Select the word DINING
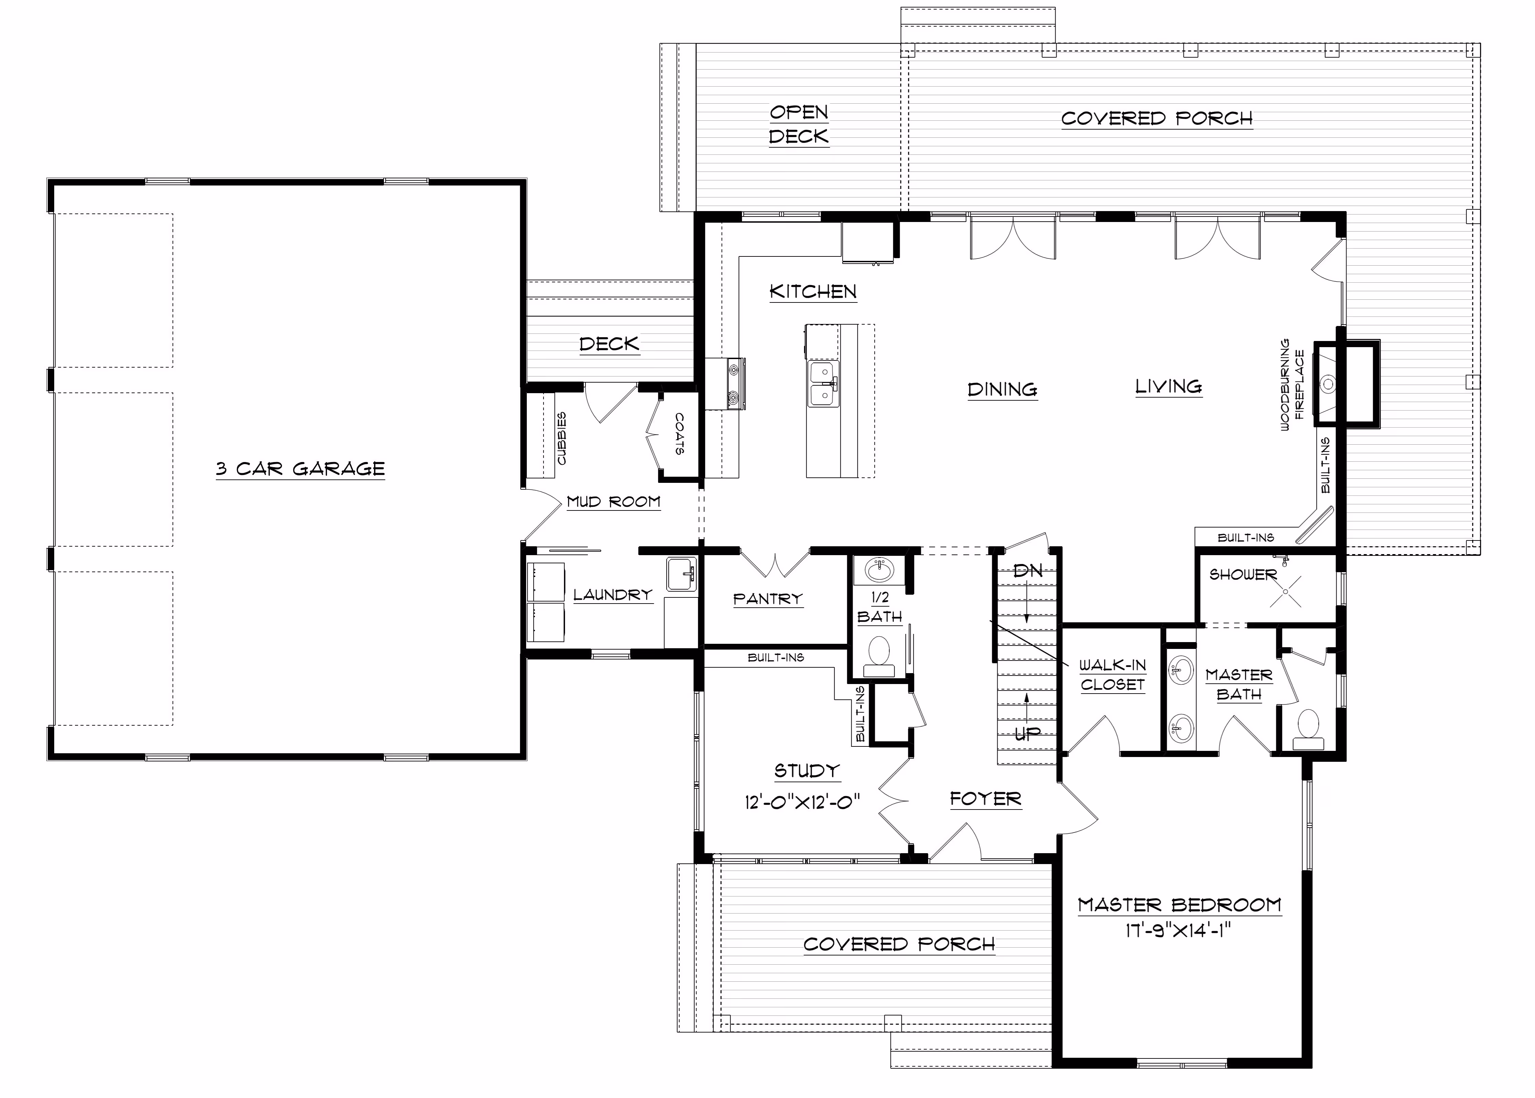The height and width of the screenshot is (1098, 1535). [1002, 389]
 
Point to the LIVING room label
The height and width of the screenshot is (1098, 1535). [1169, 387]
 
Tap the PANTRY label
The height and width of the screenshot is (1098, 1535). [768, 598]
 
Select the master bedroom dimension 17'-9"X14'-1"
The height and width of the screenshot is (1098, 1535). [1177, 931]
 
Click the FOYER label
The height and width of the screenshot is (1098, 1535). [985, 799]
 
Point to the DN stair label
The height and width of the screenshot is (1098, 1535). [1028, 570]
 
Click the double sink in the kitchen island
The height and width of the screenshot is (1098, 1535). [823, 384]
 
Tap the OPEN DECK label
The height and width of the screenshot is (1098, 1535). [799, 124]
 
